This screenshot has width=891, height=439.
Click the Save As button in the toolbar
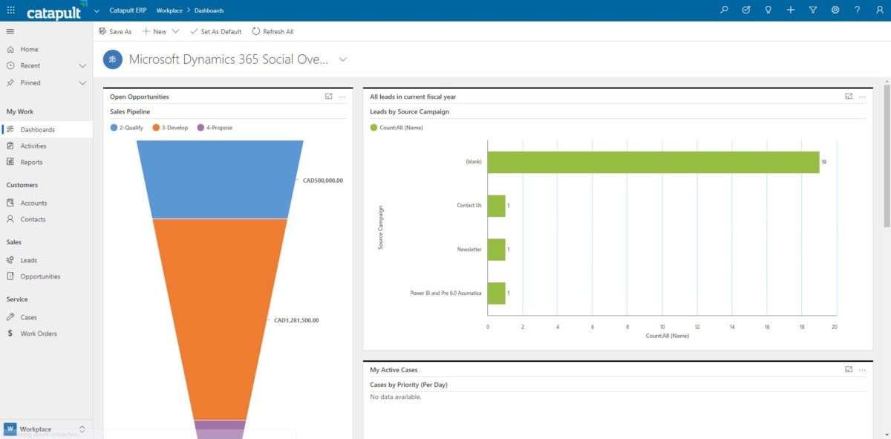point(115,31)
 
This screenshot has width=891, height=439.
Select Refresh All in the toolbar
point(273,31)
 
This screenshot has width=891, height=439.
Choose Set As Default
point(215,31)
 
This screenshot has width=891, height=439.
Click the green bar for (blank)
point(653,162)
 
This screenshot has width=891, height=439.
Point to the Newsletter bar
point(497,250)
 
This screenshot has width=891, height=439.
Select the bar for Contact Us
point(497,206)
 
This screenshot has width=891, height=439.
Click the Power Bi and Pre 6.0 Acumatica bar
point(497,293)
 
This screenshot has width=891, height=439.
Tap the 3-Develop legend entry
point(170,128)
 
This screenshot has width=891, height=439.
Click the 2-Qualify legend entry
point(126,128)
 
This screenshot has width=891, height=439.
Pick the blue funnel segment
point(220,179)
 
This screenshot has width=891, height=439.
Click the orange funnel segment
point(220,319)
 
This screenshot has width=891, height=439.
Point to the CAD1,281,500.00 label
point(296,320)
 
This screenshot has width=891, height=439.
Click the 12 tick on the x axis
point(697,327)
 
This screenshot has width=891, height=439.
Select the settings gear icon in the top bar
point(835,10)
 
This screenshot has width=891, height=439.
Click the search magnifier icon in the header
point(724,10)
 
